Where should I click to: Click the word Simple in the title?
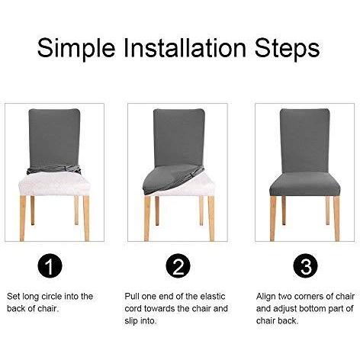coord(76,49)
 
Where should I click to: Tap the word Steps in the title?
coord(287,49)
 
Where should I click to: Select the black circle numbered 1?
coord(50,266)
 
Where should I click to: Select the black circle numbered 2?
coord(178,266)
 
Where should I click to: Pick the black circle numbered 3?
coord(305,266)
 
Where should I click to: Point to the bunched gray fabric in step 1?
coord(54,169)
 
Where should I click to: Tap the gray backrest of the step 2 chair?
coord(179,137)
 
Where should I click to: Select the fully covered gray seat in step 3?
coord(304,185)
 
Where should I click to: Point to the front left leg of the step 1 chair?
coord(23,218)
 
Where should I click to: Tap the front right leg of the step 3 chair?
coord(336,218)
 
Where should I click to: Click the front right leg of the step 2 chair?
coord(211,218)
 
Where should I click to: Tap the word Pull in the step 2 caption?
coord(132,297)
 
